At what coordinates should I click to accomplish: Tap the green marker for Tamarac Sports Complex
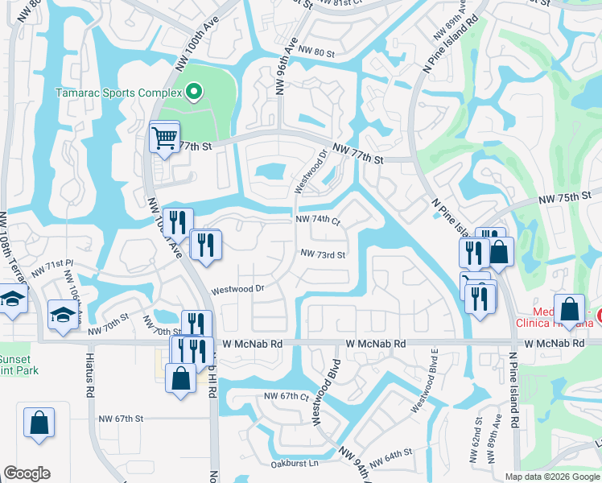[193, 92]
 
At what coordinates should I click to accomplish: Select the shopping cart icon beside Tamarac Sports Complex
[164, 137]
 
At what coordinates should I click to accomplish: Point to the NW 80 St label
[315, 53]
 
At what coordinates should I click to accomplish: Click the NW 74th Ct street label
[318, 220]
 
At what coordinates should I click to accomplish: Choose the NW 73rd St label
[323, 254]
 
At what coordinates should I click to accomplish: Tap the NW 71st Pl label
[60, 264]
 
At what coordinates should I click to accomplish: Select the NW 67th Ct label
[287, 397]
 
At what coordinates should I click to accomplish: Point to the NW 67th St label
[121, 419]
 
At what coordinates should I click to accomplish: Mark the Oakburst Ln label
[295, 463]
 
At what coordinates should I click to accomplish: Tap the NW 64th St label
[392, 456]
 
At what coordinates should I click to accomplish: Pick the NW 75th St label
[565, 197]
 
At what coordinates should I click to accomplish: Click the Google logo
[27, 473]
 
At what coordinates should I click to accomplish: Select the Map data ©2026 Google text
[553, 477]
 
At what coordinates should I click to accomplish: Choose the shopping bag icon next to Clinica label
[569, 311]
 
